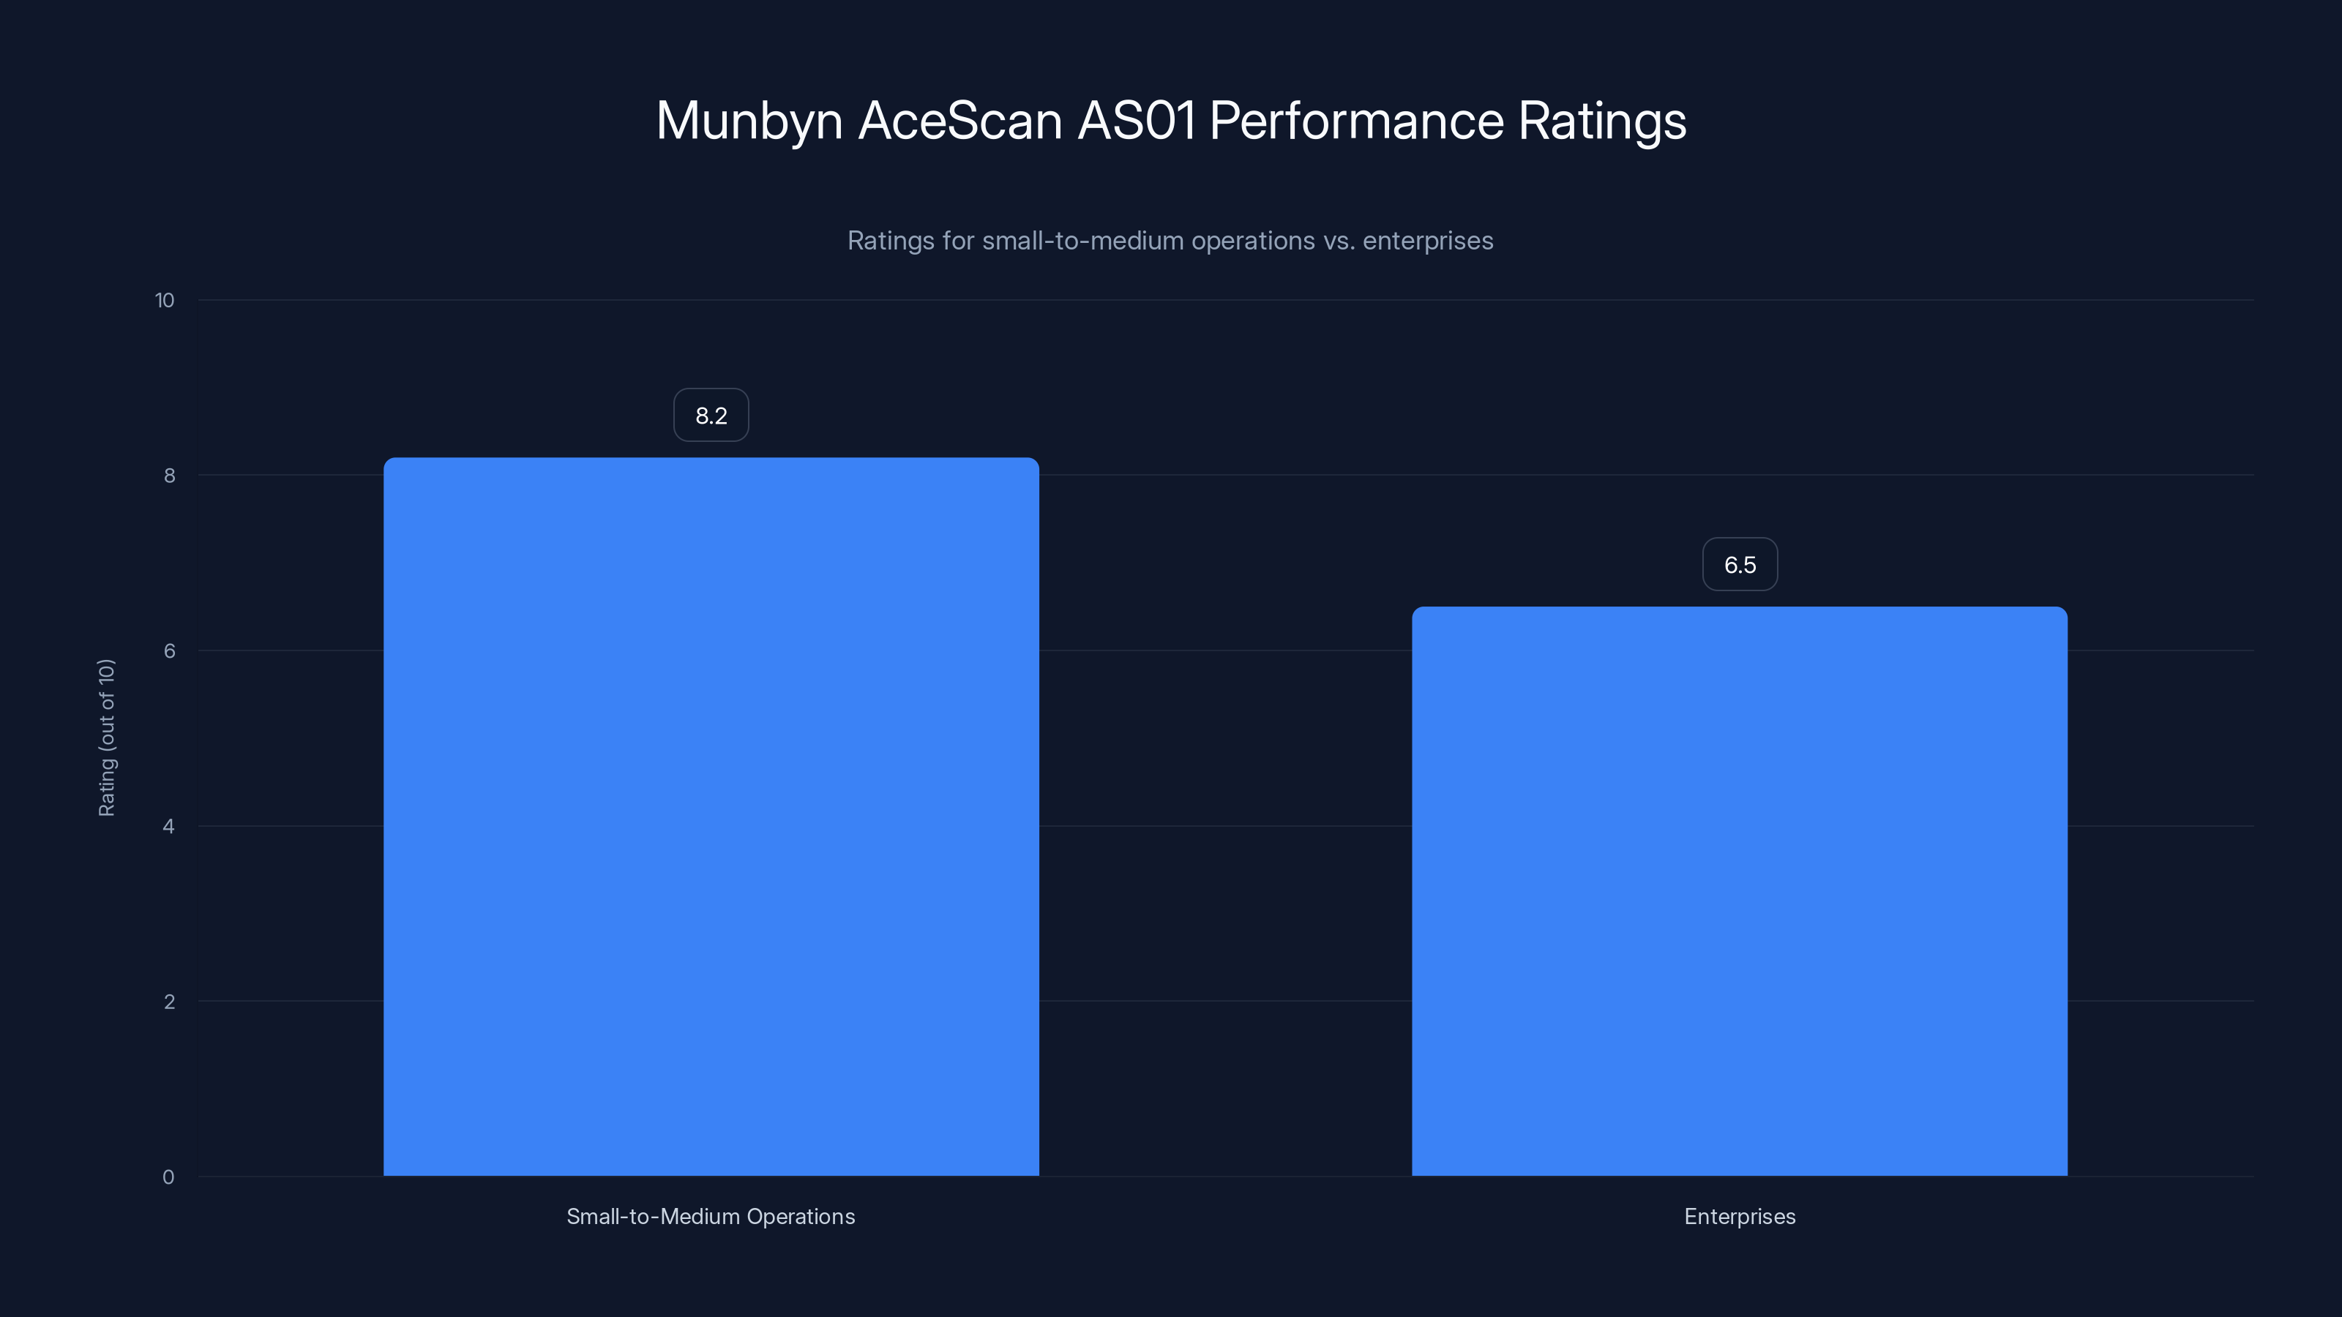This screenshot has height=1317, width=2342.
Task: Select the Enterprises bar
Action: [1739, 890]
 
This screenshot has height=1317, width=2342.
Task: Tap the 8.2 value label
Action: [711, 416]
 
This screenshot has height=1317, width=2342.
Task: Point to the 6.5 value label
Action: [1739, 564]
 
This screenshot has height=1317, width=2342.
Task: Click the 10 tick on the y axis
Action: [165, 300]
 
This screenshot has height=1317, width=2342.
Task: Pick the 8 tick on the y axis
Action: [169, 476]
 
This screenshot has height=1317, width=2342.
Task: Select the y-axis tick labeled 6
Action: [169, 650]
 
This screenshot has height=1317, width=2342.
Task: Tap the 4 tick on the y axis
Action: [169, 826]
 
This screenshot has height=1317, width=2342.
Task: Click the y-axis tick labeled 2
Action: [169, 1002]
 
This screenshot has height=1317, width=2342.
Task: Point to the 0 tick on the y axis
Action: [169, 1177]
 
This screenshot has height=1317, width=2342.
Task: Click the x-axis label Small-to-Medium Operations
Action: [711, 1216]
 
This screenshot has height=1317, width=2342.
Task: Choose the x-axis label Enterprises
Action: [1739, 1216]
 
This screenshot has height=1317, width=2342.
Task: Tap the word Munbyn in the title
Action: [749, 121]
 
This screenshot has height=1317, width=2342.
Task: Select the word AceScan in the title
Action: [960, 121]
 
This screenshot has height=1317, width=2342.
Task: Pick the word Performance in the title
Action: [1356, 121]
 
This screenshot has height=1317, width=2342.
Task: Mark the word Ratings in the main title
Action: [1602, 121]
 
